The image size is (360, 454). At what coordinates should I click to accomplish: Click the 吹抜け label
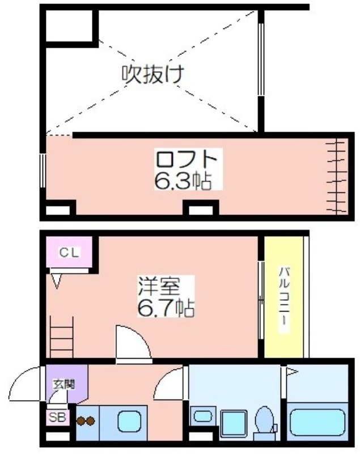(x=153, y=74)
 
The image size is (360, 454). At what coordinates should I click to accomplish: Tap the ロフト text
(x=187, y=159)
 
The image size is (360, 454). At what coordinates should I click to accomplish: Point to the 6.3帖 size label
(x=183, y=180)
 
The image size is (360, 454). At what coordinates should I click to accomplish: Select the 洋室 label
(x=159, y=286)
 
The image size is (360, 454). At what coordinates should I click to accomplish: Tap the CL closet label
(x=69, y=253)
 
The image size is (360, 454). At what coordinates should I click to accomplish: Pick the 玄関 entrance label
(x=63, y=384)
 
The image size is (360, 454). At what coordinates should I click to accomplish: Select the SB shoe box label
(x=57, y=418)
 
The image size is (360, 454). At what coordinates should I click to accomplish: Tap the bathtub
(x=317, y=422)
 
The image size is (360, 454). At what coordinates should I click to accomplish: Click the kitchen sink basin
(x=129, y=422)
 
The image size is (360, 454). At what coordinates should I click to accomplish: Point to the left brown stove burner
(x=81, y=421)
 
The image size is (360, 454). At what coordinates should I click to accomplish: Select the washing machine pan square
(x=234, y=423)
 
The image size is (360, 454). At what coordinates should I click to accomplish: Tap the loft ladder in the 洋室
(x=62, y=337)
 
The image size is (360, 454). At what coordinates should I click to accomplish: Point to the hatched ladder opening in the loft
(x=336, y=176)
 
